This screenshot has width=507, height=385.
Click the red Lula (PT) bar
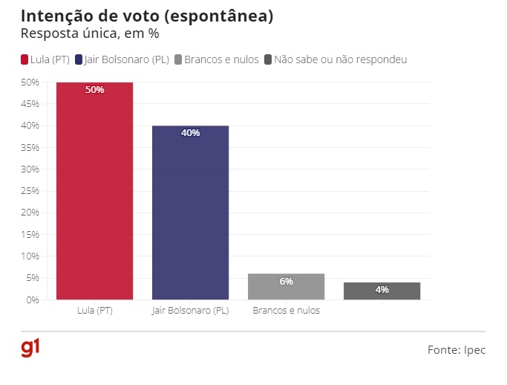[x=95, y=193]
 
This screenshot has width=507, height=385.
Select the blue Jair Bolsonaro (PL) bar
[x=190, y=216]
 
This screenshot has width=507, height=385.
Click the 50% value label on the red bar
[x=95, y=90]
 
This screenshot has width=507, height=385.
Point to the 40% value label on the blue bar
[x=190, y=133]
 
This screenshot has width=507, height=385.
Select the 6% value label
[x=286, y=282]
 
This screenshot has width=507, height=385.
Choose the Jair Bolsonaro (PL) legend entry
[x=127, y=59]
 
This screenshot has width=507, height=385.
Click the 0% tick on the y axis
[x=32, y=300]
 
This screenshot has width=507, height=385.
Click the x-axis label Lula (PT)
[x=95, y=311]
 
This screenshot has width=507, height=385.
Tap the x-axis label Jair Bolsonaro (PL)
[x=190, y=311]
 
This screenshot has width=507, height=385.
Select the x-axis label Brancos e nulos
[x=286, y=311]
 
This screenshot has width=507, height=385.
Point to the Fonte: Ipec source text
[x=456, y=349]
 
